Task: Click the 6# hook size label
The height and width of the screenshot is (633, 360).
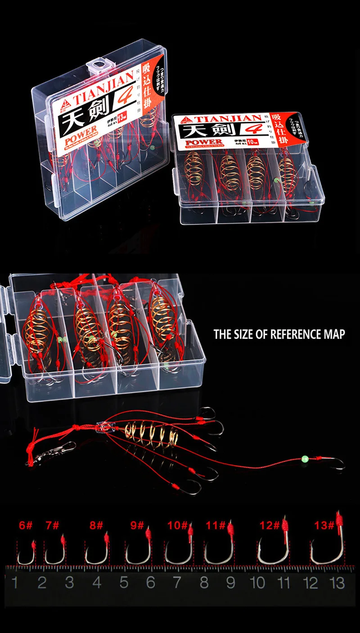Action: pyautogui.click(x=26, y=525)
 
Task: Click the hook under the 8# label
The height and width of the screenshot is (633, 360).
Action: pyautogui.click(x=96, y=553)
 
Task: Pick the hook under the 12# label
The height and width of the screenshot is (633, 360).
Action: pyautogui.click(x=273, y=551)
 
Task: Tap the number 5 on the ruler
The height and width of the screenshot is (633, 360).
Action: pyautogui.click(x=124, y=583)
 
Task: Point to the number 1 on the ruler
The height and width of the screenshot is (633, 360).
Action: pyautogui.click(x=15, y=583)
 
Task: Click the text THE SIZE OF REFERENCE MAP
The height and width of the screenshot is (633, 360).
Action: pyautogui.click(x=279, y=334)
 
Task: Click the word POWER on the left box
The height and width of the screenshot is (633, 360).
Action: pyautogui.click(x=81, y=131)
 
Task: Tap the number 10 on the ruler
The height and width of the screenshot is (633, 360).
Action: pyautogui.click(x=257, y=583)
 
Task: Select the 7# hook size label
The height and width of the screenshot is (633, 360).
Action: pyautogui.click(x=52, y=525)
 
